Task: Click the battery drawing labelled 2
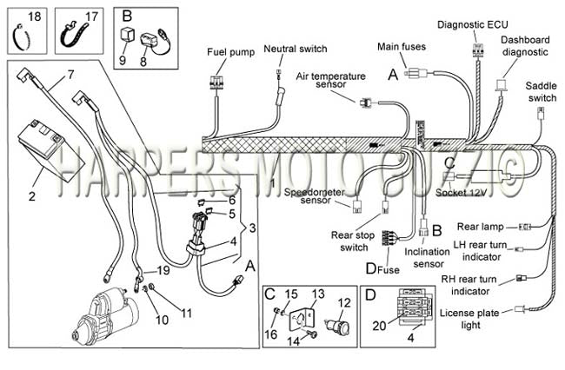(x=50, y=151)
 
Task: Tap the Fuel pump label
(x=230, y=52)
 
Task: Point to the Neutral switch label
(x=296, y=49)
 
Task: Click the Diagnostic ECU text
(x=473, y=24)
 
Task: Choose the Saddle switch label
(x=542, y=92)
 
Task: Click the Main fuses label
(x=402, y=46)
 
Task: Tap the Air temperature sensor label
(x=331, y=80)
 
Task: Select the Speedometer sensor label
(x=315, y=196)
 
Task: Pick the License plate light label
(x=469, y=319)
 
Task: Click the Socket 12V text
(x=462, y=193)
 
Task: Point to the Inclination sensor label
(x=428, y=258)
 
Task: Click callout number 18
(x=35, y=17)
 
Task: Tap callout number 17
(x=91, y=17)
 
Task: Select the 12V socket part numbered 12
(x=337, y=325)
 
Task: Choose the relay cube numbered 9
(x=128, y=36)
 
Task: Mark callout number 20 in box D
(x=380, y=326)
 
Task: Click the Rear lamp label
(x=481, y=227)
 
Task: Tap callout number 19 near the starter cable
(x=163, y=270)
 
